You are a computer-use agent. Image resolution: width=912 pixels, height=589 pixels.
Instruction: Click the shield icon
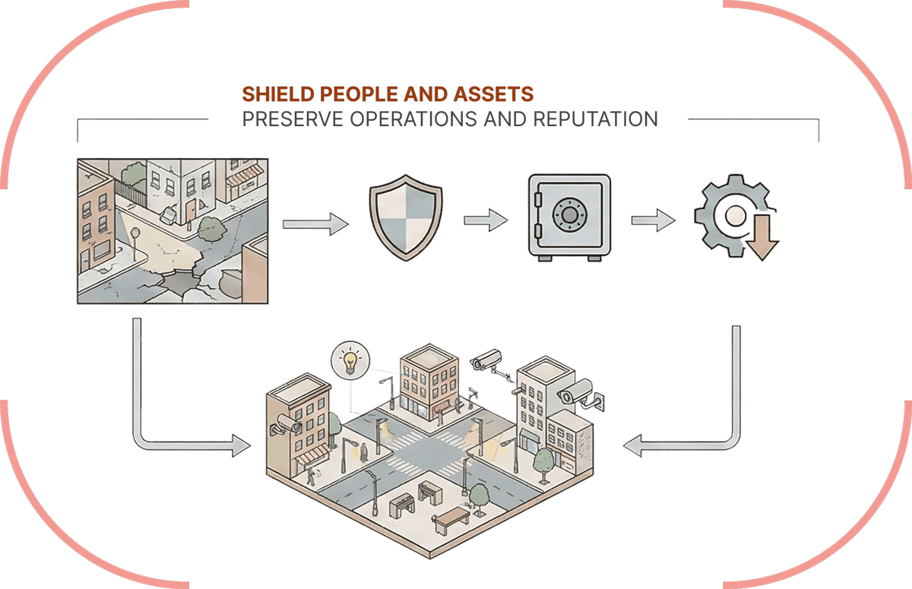[404, 220]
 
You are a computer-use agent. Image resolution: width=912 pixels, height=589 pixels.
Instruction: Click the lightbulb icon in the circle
[350, 360]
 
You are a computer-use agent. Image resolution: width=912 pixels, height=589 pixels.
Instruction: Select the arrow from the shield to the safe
[485, 220]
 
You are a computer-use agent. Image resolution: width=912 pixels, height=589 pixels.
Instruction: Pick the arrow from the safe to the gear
[653, 220]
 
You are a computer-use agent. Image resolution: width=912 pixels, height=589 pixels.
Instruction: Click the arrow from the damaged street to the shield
[315, 224]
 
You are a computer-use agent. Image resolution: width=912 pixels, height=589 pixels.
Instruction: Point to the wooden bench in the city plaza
[451, 520]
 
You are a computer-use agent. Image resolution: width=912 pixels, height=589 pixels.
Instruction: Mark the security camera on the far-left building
[290, 423]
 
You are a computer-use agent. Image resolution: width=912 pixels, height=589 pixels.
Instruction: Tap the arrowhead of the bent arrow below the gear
[633, 446]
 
